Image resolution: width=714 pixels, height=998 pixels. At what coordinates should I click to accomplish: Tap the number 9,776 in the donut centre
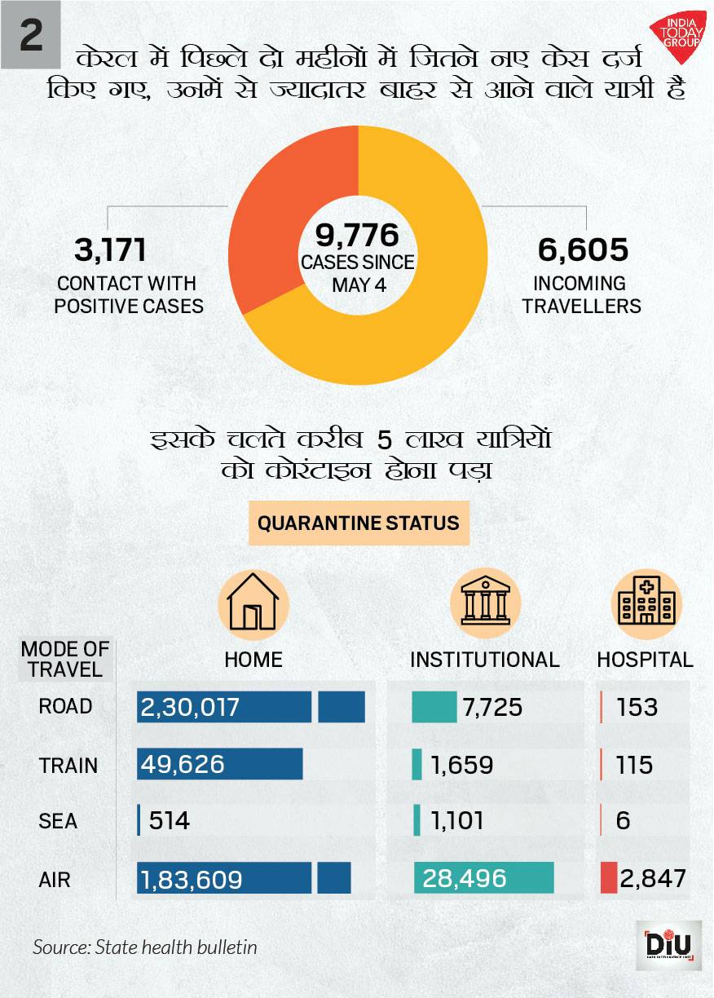tap(357, 236)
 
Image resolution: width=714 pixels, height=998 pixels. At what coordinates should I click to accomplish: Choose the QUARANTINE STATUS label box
tap(359, 523)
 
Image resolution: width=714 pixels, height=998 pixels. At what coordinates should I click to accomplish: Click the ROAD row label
tap(65, 706)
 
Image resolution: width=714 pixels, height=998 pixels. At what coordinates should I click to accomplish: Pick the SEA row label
tap(58, 821)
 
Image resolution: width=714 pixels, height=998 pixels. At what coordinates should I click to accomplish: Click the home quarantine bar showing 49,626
tap(220, 765)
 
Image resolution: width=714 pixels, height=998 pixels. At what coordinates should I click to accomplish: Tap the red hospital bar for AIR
tap(608, 878)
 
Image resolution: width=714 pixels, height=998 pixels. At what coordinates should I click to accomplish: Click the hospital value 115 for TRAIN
tap(635, 765)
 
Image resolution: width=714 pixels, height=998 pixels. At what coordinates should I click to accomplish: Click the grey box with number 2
tap(30, 37)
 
